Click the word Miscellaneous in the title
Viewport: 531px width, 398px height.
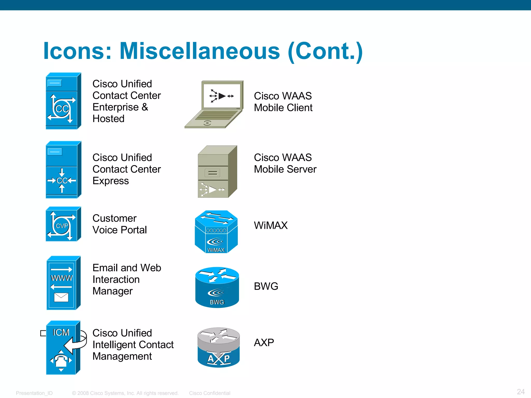point(200,51)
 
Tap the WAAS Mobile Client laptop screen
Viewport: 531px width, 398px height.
point(222,96)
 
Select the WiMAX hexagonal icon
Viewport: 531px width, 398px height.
point(216,232)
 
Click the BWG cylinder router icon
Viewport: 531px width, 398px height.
point(217,287)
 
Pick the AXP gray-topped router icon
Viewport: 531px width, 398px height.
point(219,347)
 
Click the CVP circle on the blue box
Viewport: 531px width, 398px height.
point(61,226)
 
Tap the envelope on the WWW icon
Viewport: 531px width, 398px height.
point(61,297)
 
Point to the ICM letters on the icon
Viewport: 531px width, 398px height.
point(61,332)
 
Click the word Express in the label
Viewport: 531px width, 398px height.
point(110,181)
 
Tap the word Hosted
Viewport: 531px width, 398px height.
point(108,119)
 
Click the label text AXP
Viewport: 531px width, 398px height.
point(264,343)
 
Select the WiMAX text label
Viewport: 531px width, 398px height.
point(271,225)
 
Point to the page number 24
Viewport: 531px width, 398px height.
point(521,392)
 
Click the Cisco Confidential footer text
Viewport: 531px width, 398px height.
point(209,393)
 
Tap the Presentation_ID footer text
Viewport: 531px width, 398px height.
point(34,393)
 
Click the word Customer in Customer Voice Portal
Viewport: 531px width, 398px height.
point(114,218)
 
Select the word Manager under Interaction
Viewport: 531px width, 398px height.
point(113,291)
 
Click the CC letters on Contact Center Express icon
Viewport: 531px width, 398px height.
point(62,181)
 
